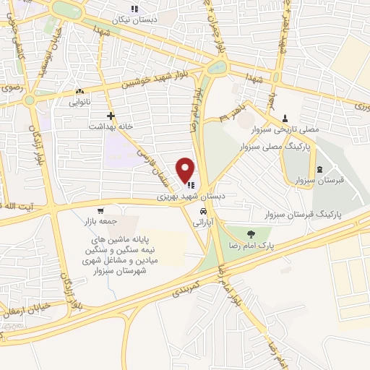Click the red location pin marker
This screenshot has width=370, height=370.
point(186,170)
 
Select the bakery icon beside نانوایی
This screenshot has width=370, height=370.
point(79,92)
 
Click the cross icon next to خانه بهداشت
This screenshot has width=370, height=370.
point(111,116)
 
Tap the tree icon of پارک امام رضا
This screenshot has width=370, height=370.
point(251,233)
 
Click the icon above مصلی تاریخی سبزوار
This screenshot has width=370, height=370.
point(285,118)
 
